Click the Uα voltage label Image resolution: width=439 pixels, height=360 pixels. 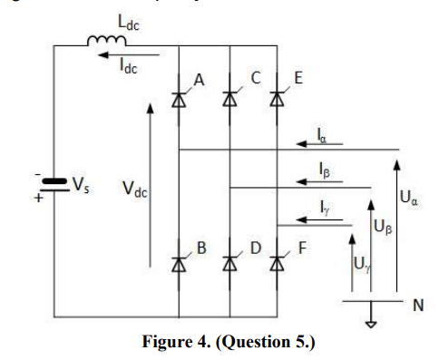coord(409,195)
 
